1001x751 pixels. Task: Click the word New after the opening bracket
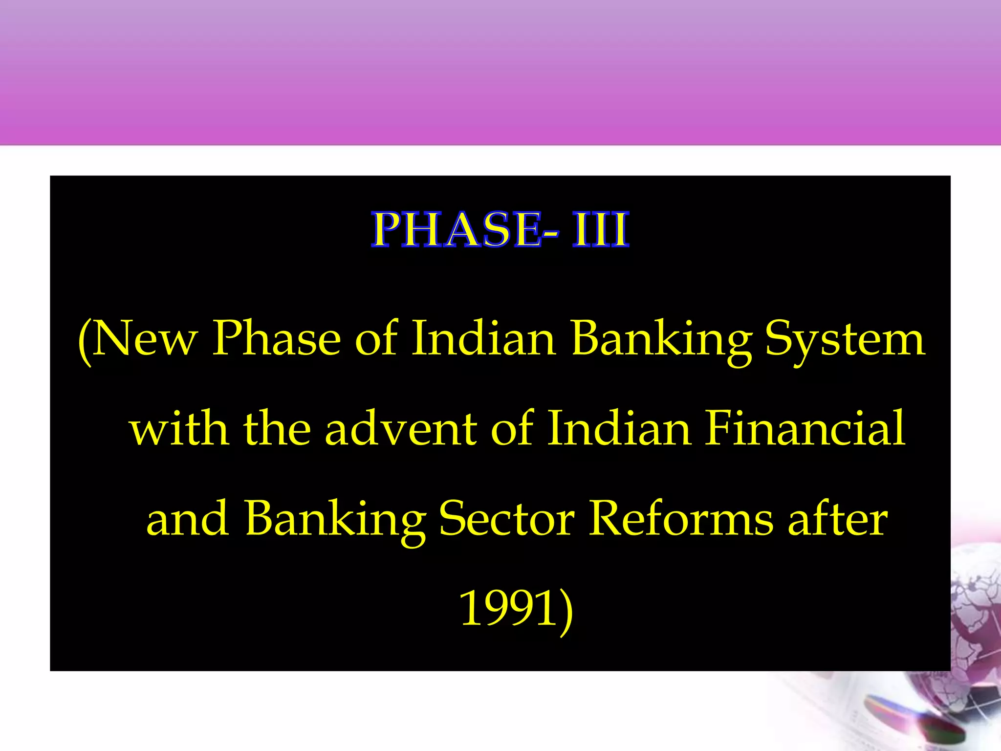pyautogui.click(x=145, y=338)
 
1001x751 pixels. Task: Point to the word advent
pyautogui.click(x=401, y=429)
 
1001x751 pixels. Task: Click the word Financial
pyautogui.click(x=805, y=429)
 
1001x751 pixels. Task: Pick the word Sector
pyautogui.click(x=507, y=519)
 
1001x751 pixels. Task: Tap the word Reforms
pyautogui.click(x=681, y=519)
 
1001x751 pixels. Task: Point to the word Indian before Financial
pyautogui.click(x=619, y=429)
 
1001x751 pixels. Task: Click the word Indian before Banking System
pyautogui.click(x=484, y=338)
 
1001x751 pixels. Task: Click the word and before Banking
pyautogui.click(x=188, y=519)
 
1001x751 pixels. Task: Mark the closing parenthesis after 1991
pyautogui.click(x=566, y=611)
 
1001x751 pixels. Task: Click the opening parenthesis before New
pyautogui.click(x=85, y=341)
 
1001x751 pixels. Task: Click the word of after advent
pyautogui.click(x=511, y=429)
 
